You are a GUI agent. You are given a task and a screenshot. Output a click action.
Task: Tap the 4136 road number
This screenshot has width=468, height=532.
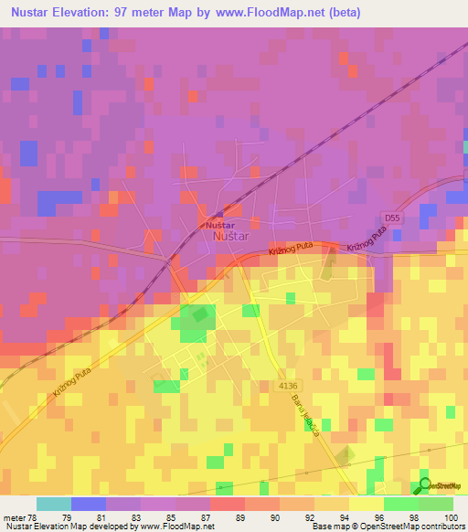(290, 386)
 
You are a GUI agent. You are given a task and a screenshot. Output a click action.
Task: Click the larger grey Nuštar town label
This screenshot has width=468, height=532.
(229, 237)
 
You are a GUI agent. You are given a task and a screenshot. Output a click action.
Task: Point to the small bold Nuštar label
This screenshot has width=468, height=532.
(219, 224)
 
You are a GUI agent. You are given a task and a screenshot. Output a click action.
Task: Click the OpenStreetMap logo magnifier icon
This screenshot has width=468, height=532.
(426, 485)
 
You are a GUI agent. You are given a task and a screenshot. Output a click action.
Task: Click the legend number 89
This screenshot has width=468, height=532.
(227, 516)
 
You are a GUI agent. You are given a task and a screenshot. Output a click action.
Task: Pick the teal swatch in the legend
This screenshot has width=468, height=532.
(53, 504)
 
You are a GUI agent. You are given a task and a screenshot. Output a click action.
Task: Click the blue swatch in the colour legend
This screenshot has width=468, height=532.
(88, 504)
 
